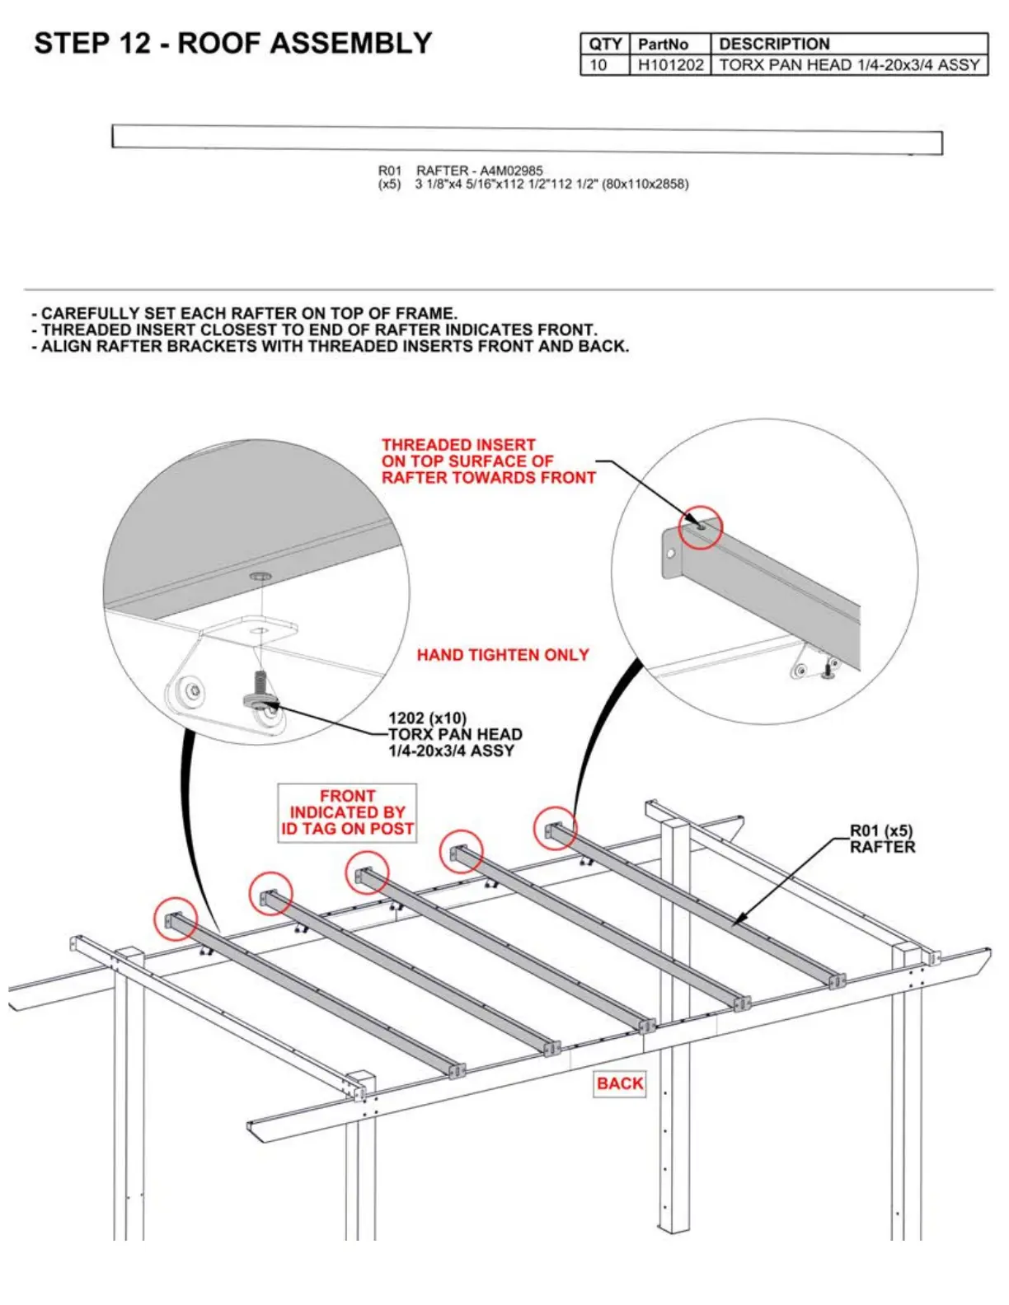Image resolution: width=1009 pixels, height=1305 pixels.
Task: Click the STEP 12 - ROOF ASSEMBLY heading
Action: [x=232, y=43]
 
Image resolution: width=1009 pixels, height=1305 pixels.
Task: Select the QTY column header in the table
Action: [x=605, y=44]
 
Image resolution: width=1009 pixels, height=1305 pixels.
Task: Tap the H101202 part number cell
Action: [x=670, y=65]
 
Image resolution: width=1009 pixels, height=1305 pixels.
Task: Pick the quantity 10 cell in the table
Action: [x=598, y=65]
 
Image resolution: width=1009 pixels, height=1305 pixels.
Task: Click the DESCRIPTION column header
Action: [x=774, y=44]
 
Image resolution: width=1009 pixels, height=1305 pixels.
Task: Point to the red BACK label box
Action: [x=620, y=1083]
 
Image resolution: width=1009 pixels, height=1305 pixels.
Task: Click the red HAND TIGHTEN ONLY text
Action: [x=503, y=655]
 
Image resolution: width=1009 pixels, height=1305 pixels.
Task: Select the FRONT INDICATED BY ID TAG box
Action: [x=347, y=812]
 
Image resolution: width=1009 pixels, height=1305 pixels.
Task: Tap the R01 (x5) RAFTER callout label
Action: [x=882, y=839]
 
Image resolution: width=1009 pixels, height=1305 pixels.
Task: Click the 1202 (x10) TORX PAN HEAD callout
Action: [x=454, y=734]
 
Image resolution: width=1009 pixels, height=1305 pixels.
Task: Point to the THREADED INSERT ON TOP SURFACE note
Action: [x=488, y=461]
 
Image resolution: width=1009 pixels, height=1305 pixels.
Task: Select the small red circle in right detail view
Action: [x=701, y=527]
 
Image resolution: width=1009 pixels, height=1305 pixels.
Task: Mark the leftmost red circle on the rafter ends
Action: [x=176, y=919]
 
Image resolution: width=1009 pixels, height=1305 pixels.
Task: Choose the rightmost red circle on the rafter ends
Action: [x=555, y=828]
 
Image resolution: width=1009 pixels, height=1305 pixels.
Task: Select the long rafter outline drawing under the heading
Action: [x=527, y=140]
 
